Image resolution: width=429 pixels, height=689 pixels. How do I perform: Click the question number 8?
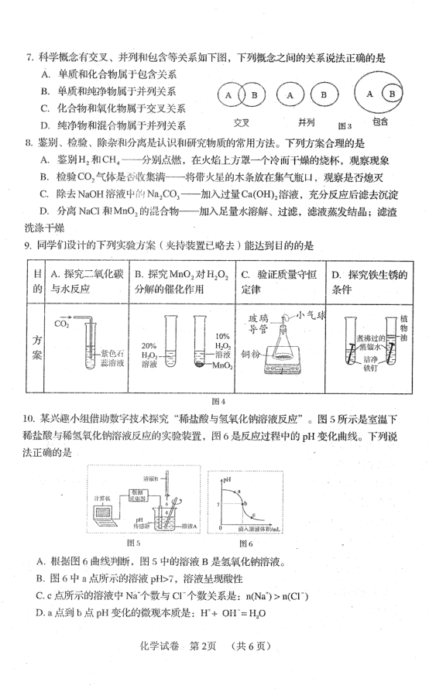(29, 142)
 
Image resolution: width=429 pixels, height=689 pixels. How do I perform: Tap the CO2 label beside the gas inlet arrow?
(61, 324)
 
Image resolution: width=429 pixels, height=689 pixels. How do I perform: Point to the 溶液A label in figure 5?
(190, 526)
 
